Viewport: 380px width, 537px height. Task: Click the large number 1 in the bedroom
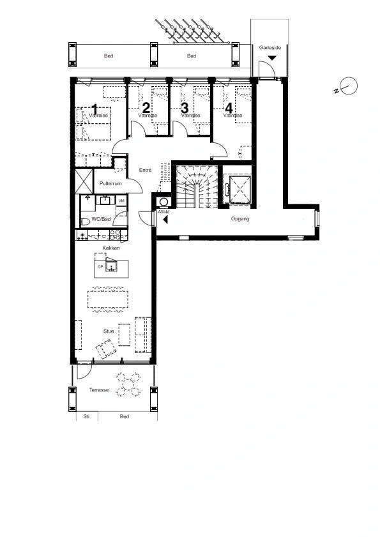94,109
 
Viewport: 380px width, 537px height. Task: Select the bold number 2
146,108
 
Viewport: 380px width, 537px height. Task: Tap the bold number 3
185,108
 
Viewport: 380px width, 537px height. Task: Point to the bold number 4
228,108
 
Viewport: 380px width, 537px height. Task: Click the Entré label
145,170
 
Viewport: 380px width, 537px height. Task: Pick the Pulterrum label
110,184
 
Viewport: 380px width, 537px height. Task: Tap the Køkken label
111,248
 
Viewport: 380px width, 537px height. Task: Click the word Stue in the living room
109,331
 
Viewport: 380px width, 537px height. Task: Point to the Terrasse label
99,390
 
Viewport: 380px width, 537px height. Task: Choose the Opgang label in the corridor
240,218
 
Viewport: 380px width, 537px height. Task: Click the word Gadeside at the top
270,47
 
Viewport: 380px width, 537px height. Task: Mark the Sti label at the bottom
86,416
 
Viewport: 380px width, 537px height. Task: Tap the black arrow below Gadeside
273,58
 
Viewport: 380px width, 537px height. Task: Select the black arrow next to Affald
165,219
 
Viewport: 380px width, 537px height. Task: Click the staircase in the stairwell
195,186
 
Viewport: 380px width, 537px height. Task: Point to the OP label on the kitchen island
100,266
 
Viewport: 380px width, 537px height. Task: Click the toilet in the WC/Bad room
86,221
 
